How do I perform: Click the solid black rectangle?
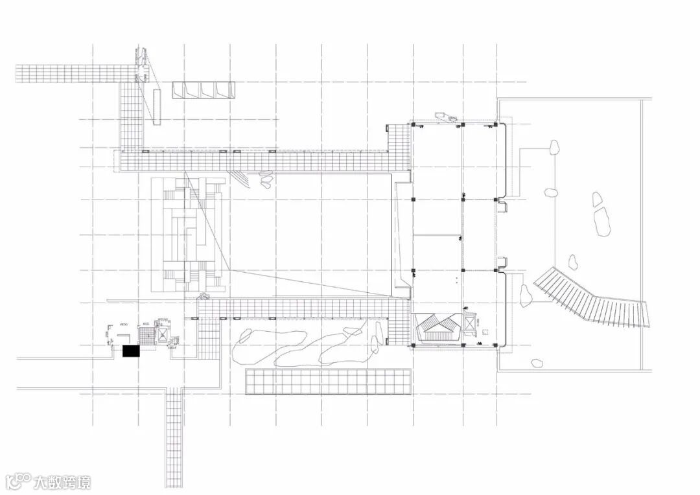click(131, 351)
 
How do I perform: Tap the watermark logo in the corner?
click(17, 481)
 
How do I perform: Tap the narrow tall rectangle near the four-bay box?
click(156, 106)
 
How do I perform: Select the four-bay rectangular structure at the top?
click(202, 90)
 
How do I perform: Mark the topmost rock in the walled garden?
click(555, 148)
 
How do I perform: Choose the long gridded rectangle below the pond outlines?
click(328, 382)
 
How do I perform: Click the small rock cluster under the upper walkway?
click(266, 178)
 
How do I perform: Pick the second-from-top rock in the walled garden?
click(551, 192)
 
